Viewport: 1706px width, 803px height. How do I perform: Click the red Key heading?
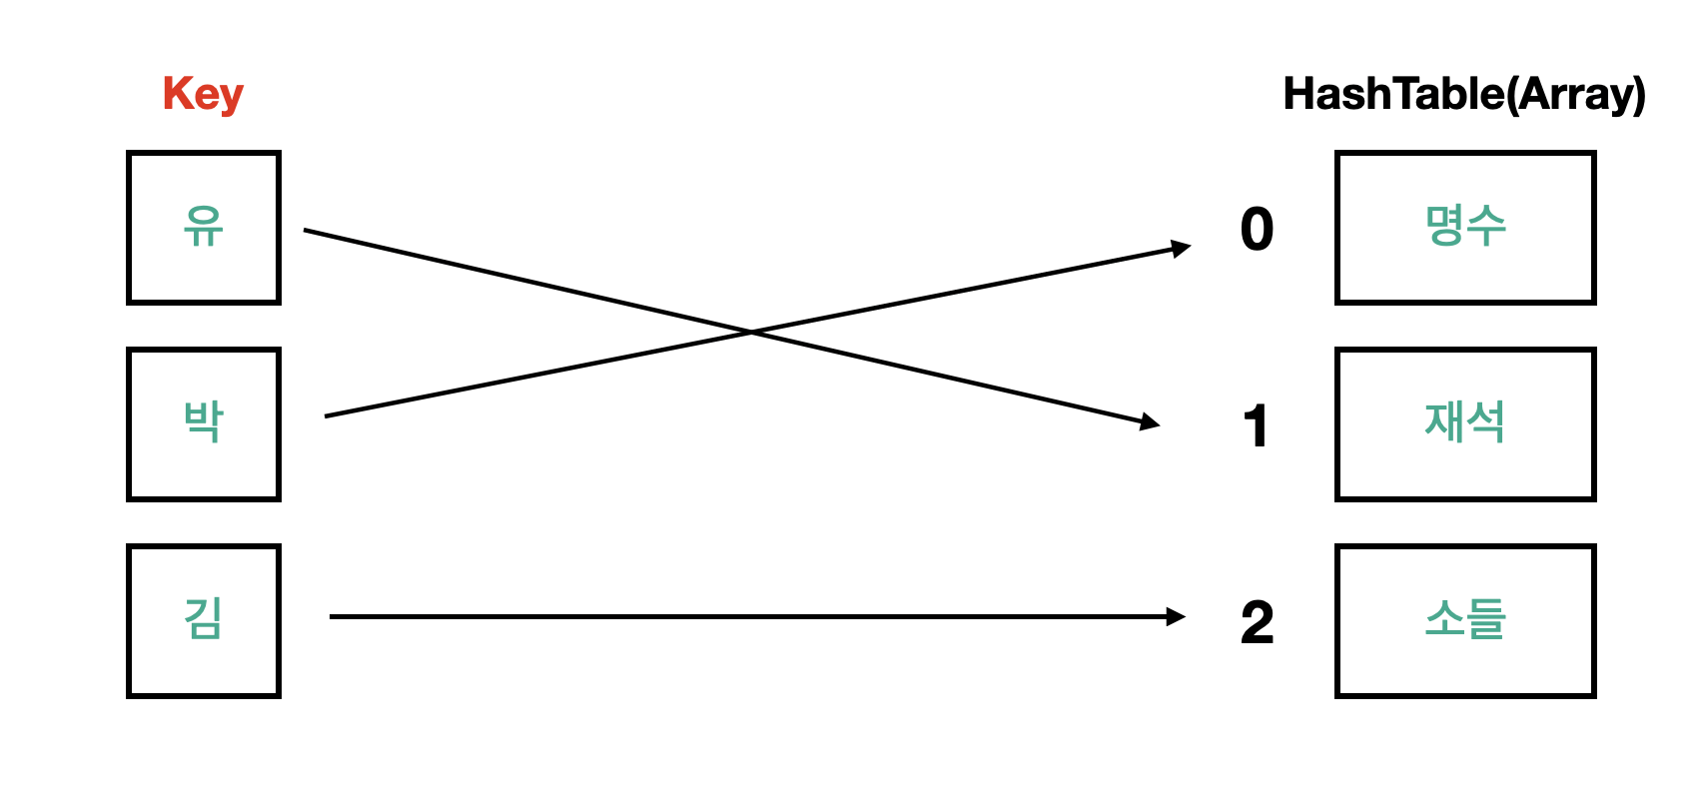click(203, 95)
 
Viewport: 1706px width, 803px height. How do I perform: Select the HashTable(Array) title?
click(1463, 95)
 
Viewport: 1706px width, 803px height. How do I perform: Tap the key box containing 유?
click(204, 228)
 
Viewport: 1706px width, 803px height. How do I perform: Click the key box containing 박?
click(204, 423)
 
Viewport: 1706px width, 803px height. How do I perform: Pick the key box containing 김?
click(204, 620)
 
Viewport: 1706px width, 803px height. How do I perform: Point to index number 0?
click(1257, 229)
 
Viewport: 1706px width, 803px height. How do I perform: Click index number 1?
click(1257, 426)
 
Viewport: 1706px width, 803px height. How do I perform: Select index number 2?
click(1257, 622)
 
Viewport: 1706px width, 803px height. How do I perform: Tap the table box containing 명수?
click(1465, 228)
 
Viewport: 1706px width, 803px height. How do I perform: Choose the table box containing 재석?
click(1465, 423)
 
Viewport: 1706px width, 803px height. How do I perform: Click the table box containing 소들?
click(1465, 620)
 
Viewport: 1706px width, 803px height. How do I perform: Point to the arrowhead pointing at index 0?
click(1181, 247)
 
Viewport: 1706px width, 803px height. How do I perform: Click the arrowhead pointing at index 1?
click(1151, 423)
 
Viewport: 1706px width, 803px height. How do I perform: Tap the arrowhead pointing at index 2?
click(1176, 617)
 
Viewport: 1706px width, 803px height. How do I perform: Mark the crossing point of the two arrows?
click(751, 333)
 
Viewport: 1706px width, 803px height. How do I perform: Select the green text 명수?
click(1465, 226)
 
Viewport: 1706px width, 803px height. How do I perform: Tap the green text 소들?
click(1465, 618)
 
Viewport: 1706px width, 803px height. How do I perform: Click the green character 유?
click(204, 226)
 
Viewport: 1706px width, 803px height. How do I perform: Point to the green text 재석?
click(1465, 421)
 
